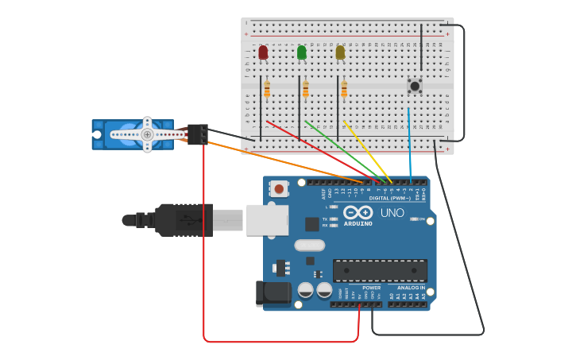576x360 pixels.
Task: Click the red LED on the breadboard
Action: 263,52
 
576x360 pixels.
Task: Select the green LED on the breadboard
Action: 301,52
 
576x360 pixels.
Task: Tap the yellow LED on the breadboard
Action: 340,52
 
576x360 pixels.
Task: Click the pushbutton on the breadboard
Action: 415,85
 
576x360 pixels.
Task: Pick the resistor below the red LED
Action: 267,89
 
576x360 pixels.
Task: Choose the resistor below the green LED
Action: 305,89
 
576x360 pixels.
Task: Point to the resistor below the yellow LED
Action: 344,89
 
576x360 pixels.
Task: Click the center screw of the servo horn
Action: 147,134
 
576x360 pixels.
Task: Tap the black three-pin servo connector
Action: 198,134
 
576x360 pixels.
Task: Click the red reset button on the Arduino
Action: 278,188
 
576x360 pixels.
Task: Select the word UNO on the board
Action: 392,213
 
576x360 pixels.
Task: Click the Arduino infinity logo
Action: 358,212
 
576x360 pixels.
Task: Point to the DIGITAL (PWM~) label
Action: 390,198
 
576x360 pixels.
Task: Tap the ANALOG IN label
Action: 411,288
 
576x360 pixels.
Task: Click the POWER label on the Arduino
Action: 371,288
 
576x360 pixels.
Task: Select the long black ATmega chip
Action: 380,270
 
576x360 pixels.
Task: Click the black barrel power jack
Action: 273,293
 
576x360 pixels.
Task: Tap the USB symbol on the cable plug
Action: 184,219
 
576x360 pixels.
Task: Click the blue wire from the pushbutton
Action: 410,143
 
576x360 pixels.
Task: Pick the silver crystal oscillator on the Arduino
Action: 310,246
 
